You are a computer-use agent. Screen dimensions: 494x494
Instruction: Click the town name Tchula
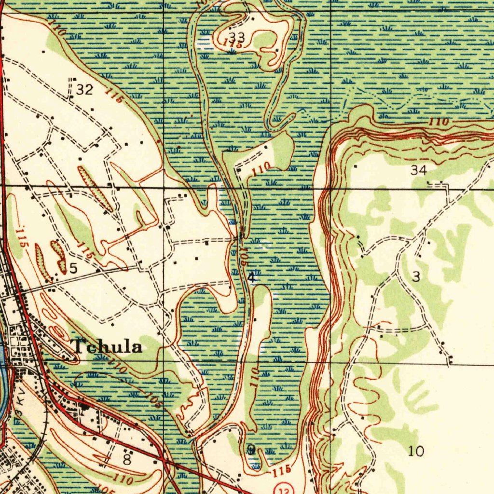107,346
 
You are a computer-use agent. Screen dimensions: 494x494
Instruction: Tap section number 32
85,90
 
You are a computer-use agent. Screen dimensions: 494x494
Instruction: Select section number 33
237,37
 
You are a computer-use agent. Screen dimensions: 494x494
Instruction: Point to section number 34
419,169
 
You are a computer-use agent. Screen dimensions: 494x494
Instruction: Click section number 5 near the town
73,268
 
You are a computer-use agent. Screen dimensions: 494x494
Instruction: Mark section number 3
416,276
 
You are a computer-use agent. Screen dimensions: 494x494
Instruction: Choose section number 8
126,460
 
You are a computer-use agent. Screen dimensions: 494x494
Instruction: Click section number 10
416,452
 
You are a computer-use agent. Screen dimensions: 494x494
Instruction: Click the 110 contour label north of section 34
439,123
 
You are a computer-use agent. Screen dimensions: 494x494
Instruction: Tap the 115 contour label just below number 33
232,43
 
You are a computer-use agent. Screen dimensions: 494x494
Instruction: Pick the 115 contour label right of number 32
115,96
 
